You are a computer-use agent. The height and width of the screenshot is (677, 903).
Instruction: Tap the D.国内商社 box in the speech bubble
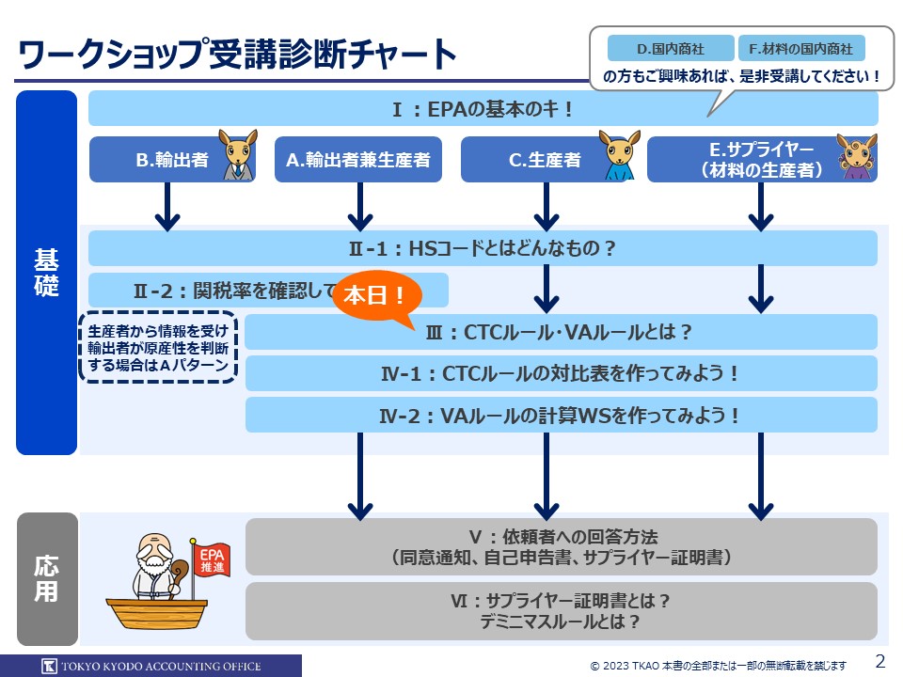[x=670, y=48]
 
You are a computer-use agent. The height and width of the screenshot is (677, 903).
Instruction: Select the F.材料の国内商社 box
[x=801, y=48]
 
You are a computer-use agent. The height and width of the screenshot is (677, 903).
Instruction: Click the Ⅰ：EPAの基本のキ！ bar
[x=483, y=109]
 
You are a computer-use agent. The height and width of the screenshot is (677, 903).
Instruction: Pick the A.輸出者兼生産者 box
[x=358, y=160]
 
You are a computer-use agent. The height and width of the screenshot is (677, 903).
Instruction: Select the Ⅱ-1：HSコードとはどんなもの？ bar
[x=483, y=249]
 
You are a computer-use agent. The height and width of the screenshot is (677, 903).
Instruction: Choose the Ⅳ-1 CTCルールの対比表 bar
[x=561, y=373]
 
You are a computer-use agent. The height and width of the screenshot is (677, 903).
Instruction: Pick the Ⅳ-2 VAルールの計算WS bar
[x=561, y=415]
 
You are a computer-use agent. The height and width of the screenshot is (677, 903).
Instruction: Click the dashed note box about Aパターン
[x=158, y=348]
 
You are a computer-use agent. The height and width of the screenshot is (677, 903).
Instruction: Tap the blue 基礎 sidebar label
[x=47, y=273]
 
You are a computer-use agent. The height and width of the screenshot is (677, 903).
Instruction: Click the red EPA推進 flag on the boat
[x=208, y=560]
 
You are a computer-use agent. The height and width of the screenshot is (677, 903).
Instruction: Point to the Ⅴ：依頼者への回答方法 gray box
[x=561, y=546]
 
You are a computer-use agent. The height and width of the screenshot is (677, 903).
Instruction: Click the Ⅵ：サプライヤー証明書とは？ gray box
[x=561, y=610]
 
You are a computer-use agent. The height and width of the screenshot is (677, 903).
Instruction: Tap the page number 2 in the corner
[x=880, y=660]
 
